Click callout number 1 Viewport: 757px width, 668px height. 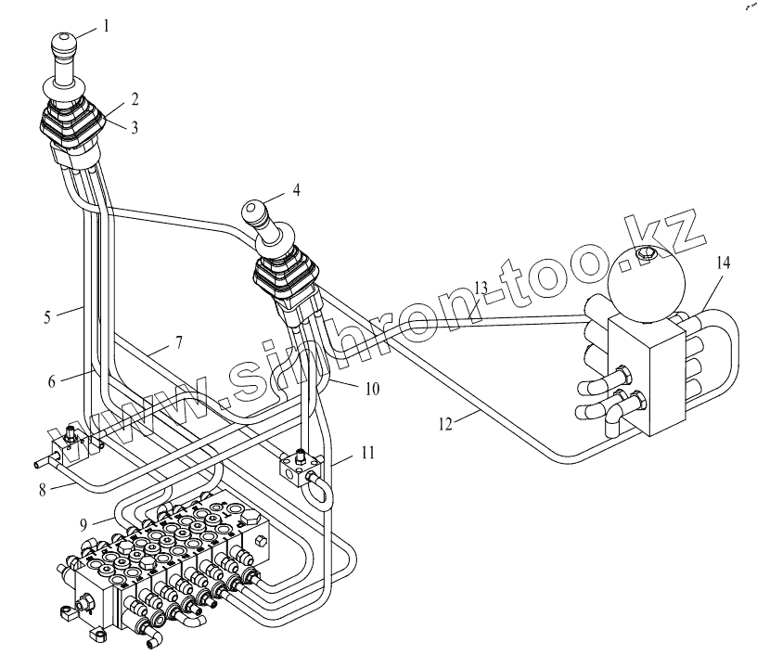coord(106,26)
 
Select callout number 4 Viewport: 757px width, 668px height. coord(297,189)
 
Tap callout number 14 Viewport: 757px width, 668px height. coord(724,263)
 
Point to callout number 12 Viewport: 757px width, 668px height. coord(446,424)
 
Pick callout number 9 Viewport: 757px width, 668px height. coord(83,523)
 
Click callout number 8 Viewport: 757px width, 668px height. coord(43,491)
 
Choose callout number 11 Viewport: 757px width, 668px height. coord(368,453)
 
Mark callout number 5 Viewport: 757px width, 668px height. coord(47,317)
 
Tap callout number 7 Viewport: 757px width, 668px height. coord(179,342)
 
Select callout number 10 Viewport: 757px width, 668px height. coord(372,389)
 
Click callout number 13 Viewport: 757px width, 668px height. coord(481,289)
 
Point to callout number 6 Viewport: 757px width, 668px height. coord(52,381)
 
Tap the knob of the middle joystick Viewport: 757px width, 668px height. coord(257,212)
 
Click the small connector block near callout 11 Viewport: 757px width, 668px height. coord(301,467)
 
